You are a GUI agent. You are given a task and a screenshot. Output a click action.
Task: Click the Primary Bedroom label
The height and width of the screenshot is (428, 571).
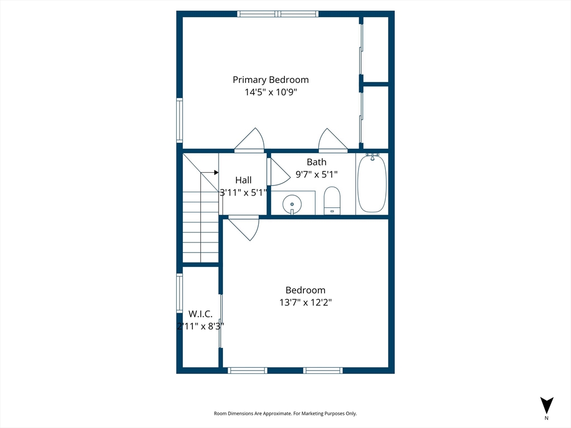coord(270,80)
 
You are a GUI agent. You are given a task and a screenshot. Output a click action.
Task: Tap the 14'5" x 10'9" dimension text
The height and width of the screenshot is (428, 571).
coord(270,92)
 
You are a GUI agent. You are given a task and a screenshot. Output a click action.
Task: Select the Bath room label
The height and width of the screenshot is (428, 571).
coord(317,162)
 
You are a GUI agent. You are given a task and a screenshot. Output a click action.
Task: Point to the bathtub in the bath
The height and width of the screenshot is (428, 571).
coord(372,183)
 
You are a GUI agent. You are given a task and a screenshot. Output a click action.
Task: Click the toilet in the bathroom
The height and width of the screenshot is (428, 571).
coord(332,201)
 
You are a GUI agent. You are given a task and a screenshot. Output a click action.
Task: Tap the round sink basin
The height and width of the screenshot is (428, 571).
coord(292,204)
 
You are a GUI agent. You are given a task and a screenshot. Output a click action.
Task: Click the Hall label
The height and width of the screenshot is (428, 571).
coord(243,180)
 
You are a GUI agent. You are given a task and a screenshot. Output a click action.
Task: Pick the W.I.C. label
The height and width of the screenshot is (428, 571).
coord(200,314)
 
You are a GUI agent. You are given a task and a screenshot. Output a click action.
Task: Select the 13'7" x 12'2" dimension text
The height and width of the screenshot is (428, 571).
coord(306,303)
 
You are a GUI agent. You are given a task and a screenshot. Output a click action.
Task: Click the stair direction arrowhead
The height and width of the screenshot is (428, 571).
coord(216,173)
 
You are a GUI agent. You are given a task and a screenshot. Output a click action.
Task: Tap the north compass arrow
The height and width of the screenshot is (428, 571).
coord(546,406)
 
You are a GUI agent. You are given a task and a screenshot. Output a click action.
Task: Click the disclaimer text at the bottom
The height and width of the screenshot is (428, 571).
coord(285,414)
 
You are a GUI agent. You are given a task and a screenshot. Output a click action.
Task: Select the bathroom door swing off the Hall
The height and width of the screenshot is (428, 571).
coord(279,172)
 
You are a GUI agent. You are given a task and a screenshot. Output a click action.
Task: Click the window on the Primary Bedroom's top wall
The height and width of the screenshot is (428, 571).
coord(278,14)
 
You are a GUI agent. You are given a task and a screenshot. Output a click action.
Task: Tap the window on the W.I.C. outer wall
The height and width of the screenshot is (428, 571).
coord(180,293)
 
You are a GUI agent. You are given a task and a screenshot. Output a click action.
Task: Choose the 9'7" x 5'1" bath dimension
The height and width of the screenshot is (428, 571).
coord(317,174)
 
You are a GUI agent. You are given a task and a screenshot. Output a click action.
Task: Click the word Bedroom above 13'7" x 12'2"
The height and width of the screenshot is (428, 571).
coord(306,290)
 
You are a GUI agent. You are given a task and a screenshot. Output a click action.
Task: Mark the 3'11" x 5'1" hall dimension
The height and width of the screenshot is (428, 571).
coord(243,192)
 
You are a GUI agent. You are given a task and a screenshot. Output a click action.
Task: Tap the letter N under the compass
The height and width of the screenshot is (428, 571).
coord(546,418)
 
